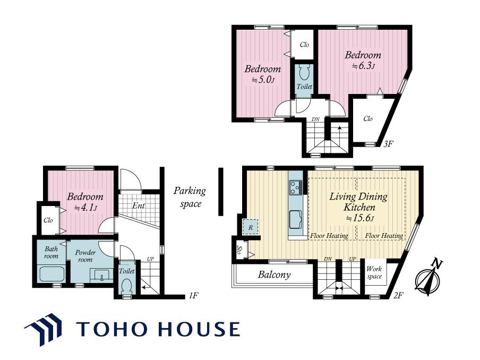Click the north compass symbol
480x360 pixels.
(x=428, y=278)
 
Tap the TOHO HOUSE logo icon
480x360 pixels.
(x=43, y=329)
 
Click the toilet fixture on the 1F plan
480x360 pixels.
(x=126, y=286)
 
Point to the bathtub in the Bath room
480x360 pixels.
(x=51, y=275)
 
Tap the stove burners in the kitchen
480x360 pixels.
(x=295, y=187)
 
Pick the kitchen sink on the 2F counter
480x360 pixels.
(x=295, y=219)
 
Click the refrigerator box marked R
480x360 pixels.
(x=251, y=227)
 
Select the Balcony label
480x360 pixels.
(x=274, y=275)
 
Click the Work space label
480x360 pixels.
(x=374, y=272)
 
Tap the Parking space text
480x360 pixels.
(x=190, y=197)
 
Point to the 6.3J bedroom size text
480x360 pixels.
(x=363, y=66)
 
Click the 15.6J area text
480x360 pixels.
(x=359, y=218)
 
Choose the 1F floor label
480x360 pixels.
(x=194, y=296)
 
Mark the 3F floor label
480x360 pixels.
(x=388, y=143)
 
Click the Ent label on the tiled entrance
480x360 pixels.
(x=139, y=205)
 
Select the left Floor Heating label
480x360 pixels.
(x=329, y=236)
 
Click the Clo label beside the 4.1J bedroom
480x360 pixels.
(x=48, y=220)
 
